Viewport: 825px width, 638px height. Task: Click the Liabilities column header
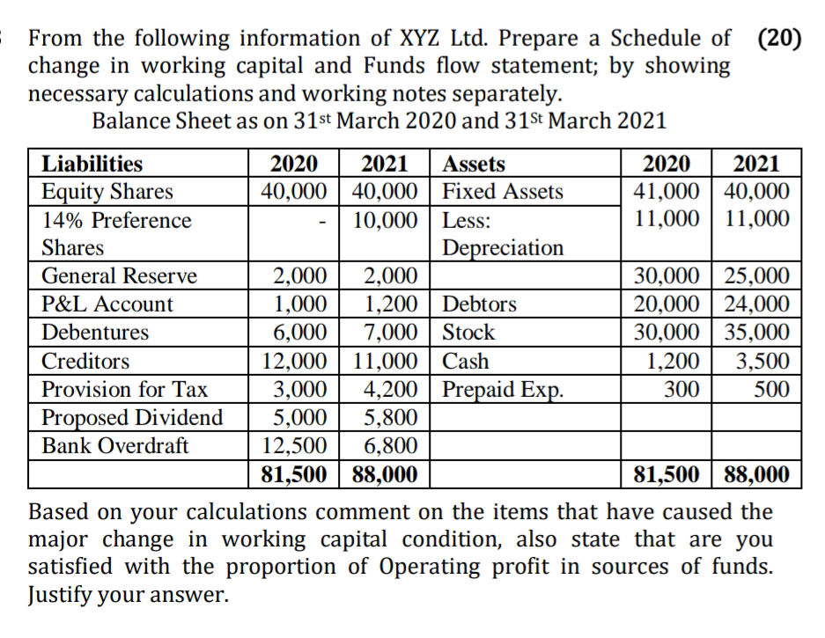tap(92, 164)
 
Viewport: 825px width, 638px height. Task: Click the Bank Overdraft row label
tap(115, 445)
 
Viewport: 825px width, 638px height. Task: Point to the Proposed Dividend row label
tap(133, 417)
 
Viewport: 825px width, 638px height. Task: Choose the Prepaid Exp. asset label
tap(502, 389)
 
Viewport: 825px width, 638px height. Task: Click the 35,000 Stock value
tap(757, 333)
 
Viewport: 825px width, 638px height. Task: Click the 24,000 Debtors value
tap(757, 304)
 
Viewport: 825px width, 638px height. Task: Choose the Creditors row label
tap(86, 361)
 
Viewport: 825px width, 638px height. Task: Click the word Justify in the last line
tap(66, 595)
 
